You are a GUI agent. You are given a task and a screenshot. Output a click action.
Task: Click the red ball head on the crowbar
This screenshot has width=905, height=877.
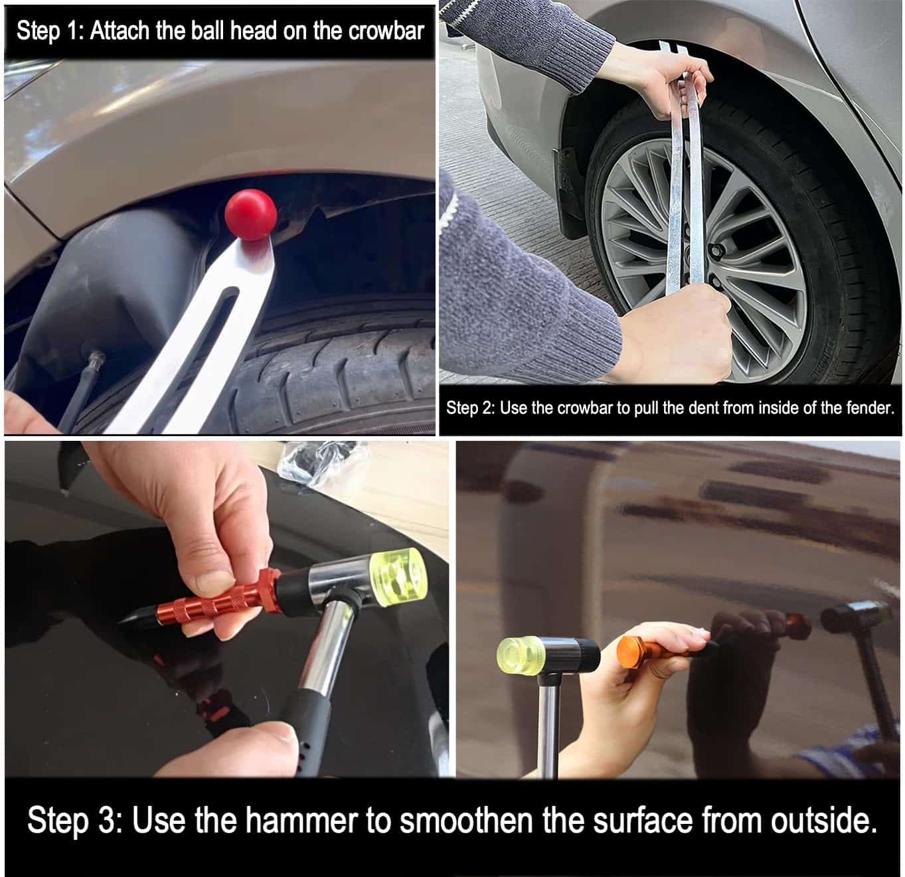tap(251, 214)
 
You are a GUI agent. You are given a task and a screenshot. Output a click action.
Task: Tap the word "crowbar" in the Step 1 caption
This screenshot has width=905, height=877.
tap(386, 31)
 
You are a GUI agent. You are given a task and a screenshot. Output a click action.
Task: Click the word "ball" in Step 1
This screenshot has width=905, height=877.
tap(210, 31)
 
